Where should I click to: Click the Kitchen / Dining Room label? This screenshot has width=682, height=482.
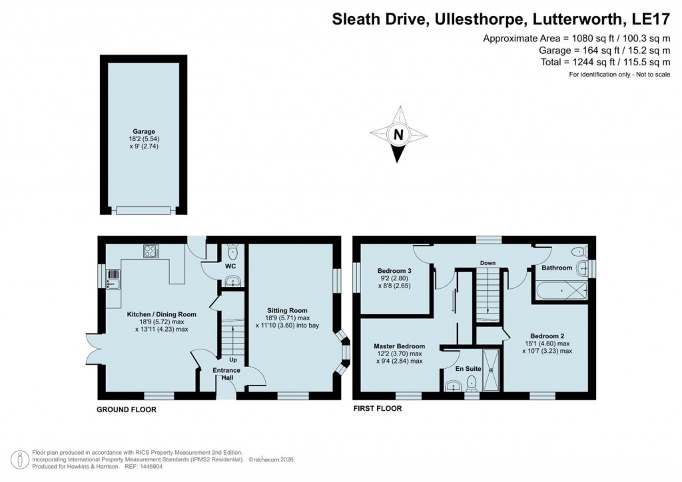[x=161, y=314]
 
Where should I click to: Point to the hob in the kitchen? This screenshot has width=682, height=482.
[x=151, y=252]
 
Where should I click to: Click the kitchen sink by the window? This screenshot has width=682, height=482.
[x=113, y=278]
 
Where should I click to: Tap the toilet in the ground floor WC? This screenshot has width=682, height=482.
[x=232, y=252]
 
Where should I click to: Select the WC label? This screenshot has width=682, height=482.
[x=231, y=267]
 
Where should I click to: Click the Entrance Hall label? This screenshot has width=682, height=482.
[x=226, y=374]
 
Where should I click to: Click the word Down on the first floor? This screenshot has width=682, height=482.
[x=488, y=263]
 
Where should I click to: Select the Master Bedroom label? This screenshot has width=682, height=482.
[x=399, y=346]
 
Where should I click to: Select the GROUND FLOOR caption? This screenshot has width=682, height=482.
[x=127, y=409]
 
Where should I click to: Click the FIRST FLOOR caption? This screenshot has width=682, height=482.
[x=377, y=409]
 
